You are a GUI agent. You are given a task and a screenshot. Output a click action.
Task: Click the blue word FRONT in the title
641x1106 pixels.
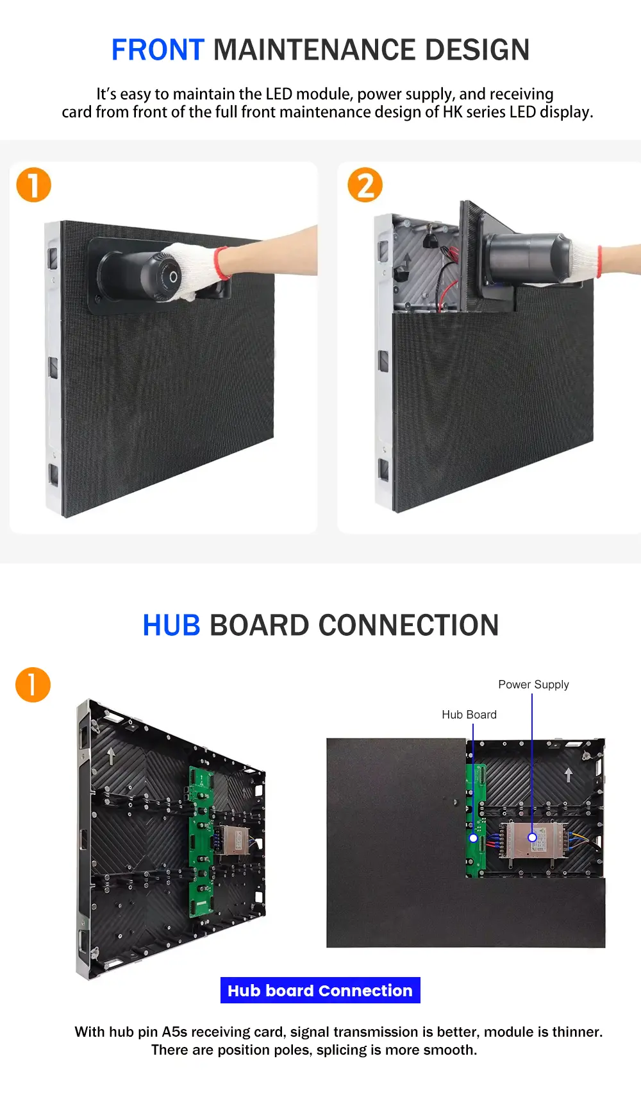[x=158, y=50]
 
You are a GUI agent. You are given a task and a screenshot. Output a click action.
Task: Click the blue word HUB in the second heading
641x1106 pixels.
[x=171, y=625]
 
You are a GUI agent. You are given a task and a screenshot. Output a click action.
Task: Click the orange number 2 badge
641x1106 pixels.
[x=365, y=185]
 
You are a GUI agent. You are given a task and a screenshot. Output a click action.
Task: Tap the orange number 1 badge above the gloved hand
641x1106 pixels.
[x=33, y=185]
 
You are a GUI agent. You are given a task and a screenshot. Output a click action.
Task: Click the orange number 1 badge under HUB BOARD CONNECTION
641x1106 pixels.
[x=33, y=685]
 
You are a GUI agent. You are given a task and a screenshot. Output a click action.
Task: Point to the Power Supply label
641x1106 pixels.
[x=533, y=685]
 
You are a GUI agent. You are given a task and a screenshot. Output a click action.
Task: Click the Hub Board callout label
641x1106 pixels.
[x=469, y=715]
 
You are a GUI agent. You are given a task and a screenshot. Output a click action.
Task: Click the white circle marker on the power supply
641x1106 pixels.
[x=532, y=837]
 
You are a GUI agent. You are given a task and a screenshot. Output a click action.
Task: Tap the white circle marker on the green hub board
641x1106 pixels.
[x=473, y=838]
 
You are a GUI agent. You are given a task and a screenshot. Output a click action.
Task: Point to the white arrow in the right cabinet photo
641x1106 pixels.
[x=568, y=775]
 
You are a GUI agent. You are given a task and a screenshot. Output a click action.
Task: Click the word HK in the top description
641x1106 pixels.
[x=453, y=112]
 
